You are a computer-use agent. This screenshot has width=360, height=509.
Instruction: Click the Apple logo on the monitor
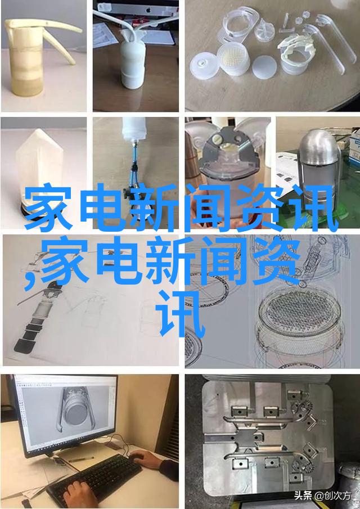148,10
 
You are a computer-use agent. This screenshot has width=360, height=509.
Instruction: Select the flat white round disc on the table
264,67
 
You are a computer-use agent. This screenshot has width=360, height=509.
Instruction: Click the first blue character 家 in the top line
48,207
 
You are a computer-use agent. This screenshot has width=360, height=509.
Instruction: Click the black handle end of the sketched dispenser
22,344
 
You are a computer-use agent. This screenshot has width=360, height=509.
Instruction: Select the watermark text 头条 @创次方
323,496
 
